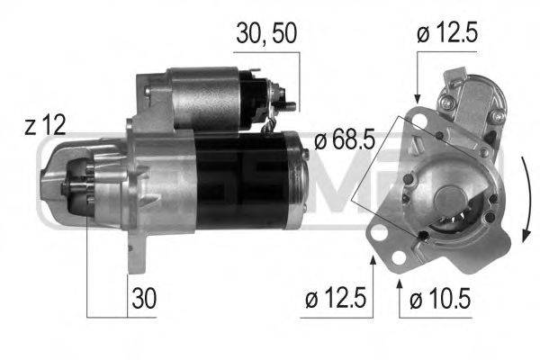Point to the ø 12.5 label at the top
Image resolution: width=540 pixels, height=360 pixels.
(x=447, y=34)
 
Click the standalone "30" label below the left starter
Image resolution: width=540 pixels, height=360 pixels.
(x=142, y=297)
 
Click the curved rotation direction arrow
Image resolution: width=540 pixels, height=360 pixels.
(x=525, y=198)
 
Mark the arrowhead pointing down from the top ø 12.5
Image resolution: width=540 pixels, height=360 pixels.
(x=417, y=96)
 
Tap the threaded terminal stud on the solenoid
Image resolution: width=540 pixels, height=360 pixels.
(x=290, y=105)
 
